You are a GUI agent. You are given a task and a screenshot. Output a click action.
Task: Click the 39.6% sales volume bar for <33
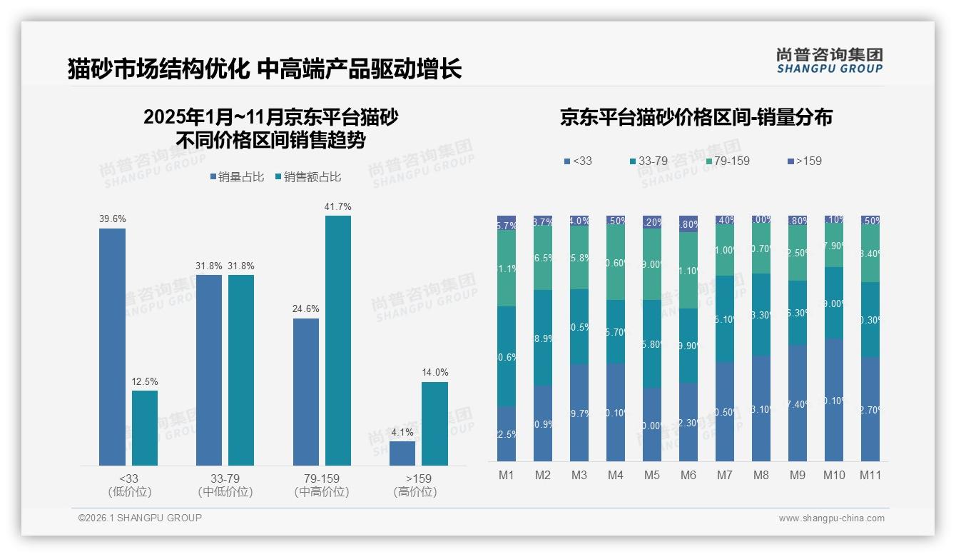(112, 347)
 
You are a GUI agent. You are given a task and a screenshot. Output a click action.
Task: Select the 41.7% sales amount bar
(338, 341)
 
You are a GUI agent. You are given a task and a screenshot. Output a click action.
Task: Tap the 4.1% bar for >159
(402, 453)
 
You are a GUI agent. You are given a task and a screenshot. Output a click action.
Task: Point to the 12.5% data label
(145, 381)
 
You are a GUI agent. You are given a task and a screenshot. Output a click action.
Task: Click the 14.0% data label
(434, 373)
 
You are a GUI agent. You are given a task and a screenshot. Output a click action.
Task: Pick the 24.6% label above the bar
(306, 309)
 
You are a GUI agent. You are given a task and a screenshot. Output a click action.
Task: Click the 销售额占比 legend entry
(307, 177)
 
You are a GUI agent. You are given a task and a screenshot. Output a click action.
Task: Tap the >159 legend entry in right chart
(804, 161)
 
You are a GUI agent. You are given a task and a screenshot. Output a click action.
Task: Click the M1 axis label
(507, 475)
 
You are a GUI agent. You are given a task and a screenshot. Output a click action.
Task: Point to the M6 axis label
(688, 475)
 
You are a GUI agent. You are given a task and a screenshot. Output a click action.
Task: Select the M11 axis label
(870, 475)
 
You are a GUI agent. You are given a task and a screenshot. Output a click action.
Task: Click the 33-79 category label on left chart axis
(225, 478)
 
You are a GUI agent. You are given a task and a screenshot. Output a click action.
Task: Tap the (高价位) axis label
(415, 492)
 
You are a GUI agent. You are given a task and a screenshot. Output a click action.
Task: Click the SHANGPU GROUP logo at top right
(829, 61)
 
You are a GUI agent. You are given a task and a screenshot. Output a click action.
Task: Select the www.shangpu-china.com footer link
(831, 518)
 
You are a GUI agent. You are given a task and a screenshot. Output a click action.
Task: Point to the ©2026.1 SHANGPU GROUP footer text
(140, 518)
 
